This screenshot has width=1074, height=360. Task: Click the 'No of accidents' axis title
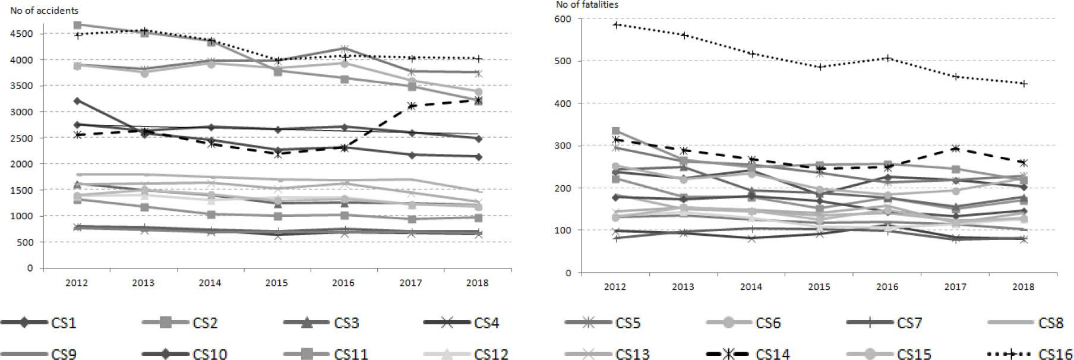coord(44,11)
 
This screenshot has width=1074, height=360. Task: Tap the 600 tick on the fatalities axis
coord(563,19)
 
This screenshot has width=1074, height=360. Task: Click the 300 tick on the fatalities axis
coord(563,146)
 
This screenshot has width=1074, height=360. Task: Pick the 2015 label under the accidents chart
coord(277,283)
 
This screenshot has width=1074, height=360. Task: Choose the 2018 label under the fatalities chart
coord(1023,287)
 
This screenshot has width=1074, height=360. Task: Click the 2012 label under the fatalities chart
coord(615,287)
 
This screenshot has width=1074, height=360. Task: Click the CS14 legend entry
coord(773,355)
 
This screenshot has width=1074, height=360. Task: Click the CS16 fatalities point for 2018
coord(1023,84)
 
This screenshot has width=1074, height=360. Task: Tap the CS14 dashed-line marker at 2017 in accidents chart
coord(410,106)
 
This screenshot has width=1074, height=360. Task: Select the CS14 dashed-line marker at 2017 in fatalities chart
coord(955,149)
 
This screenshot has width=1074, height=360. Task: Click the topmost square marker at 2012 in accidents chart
coord(77,25)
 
